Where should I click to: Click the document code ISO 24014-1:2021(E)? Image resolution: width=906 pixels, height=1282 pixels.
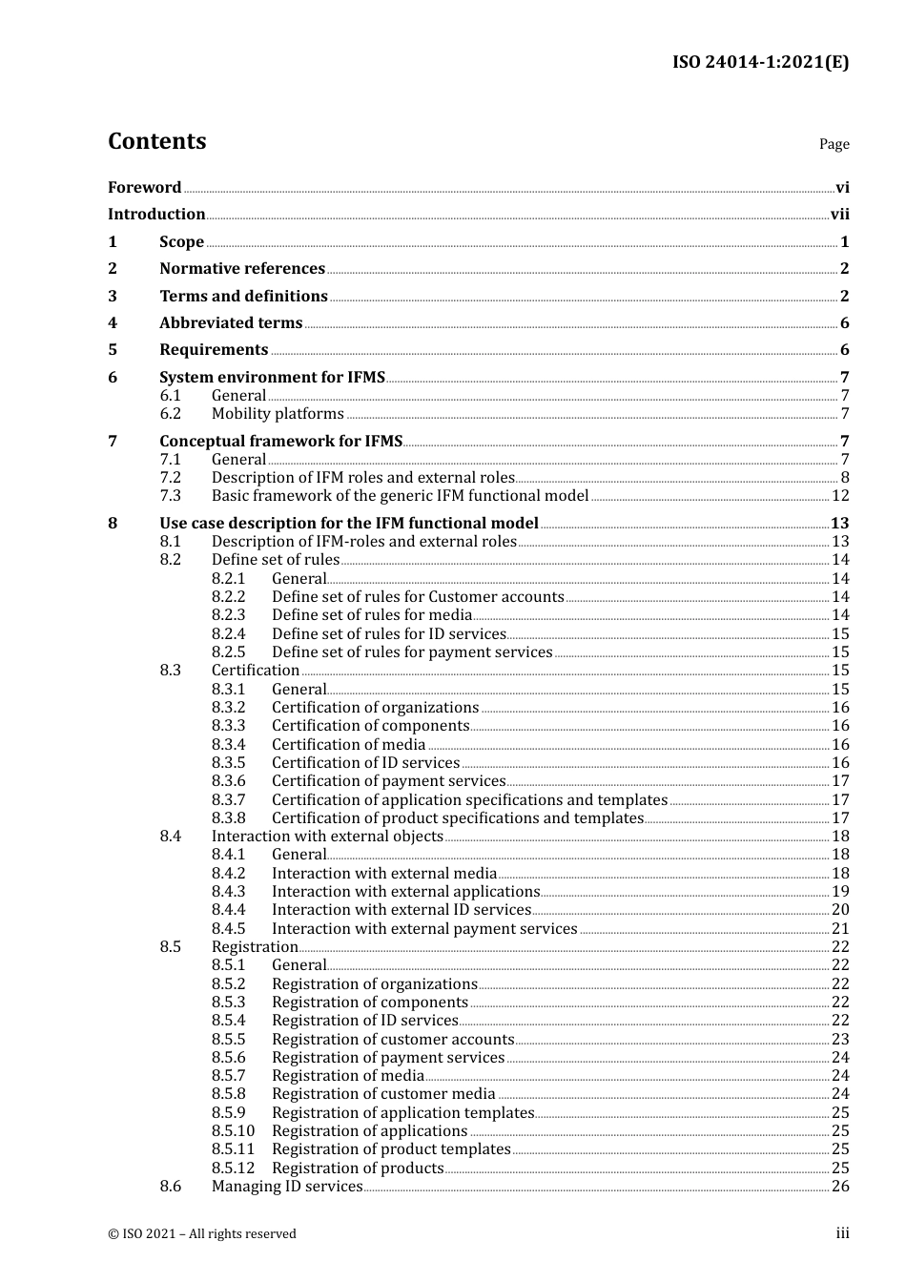760,63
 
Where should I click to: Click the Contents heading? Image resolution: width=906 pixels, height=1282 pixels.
156,141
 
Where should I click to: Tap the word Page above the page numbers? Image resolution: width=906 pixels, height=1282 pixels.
834,144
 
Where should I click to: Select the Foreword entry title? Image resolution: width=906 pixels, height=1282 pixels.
144,188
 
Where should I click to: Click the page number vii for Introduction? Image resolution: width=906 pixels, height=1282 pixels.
839,215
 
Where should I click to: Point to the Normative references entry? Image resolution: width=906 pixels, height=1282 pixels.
242,269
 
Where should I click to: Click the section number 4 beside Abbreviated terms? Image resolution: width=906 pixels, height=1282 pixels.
113,323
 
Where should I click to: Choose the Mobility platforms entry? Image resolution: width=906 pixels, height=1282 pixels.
278,414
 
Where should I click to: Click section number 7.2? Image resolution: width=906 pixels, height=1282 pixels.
171,478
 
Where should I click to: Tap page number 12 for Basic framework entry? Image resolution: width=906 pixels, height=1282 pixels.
839,496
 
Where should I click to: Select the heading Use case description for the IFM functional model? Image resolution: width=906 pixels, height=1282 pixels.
349,524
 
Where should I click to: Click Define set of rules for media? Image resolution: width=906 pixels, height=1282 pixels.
372,615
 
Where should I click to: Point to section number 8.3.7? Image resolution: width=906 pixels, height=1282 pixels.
229,800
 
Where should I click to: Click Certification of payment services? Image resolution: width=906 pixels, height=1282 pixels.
388,781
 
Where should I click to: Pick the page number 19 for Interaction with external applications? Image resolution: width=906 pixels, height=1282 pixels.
840,892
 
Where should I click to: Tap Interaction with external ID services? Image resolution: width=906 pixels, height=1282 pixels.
401,910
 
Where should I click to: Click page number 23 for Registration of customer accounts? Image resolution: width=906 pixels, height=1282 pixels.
840,1040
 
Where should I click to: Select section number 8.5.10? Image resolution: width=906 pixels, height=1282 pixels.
234,1131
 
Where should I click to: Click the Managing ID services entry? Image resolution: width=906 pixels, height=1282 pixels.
287,1187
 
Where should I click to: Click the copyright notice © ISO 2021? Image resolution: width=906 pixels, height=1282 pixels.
202,1234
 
